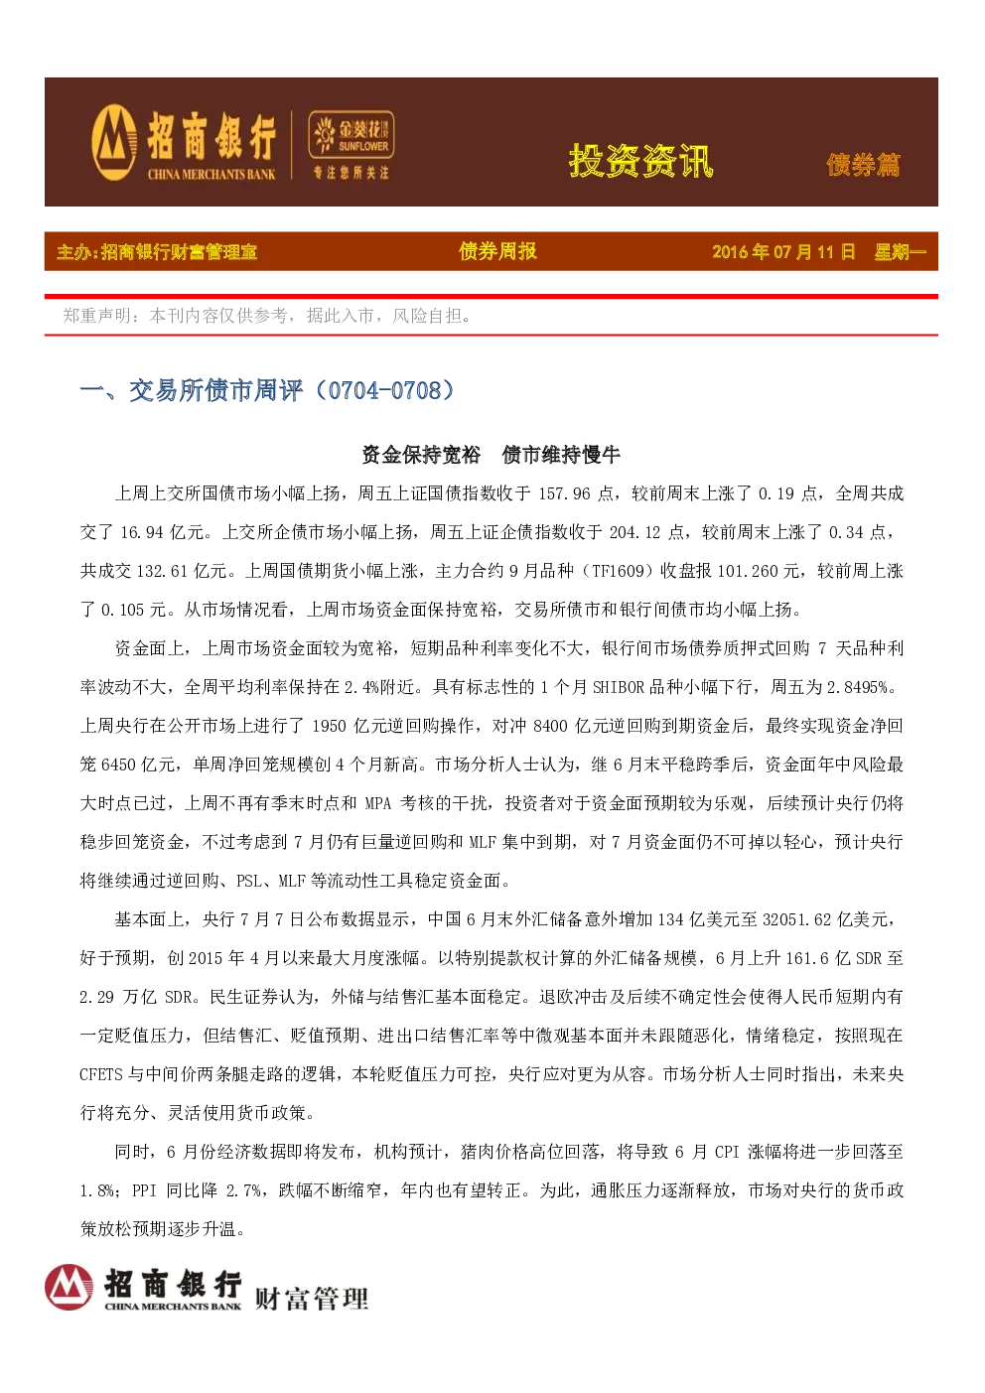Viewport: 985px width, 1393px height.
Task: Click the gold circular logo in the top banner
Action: [x=114, y=143]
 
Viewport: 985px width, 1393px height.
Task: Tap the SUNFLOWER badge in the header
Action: [x=352, y=134]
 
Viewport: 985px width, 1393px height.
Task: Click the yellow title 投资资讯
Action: [x=641, y=162]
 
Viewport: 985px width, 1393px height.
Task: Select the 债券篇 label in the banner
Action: [x=863, y=165]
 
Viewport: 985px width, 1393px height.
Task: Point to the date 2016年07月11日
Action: [x=783, y=252]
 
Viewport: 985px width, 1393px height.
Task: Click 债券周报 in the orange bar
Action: [x=497, y=251]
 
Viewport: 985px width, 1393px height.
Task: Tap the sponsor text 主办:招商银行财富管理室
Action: [x=157, y=252]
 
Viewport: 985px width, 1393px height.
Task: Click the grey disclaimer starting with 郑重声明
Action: [x=267, y=316]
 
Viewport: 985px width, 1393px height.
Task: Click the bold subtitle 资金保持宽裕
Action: [x=421, y=455]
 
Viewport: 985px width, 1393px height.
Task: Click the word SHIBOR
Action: [x=619, y=687]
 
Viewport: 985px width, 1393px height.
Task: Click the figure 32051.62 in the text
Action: [x=796, y=919]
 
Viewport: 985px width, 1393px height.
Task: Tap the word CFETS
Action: [x=100, y=1074]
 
